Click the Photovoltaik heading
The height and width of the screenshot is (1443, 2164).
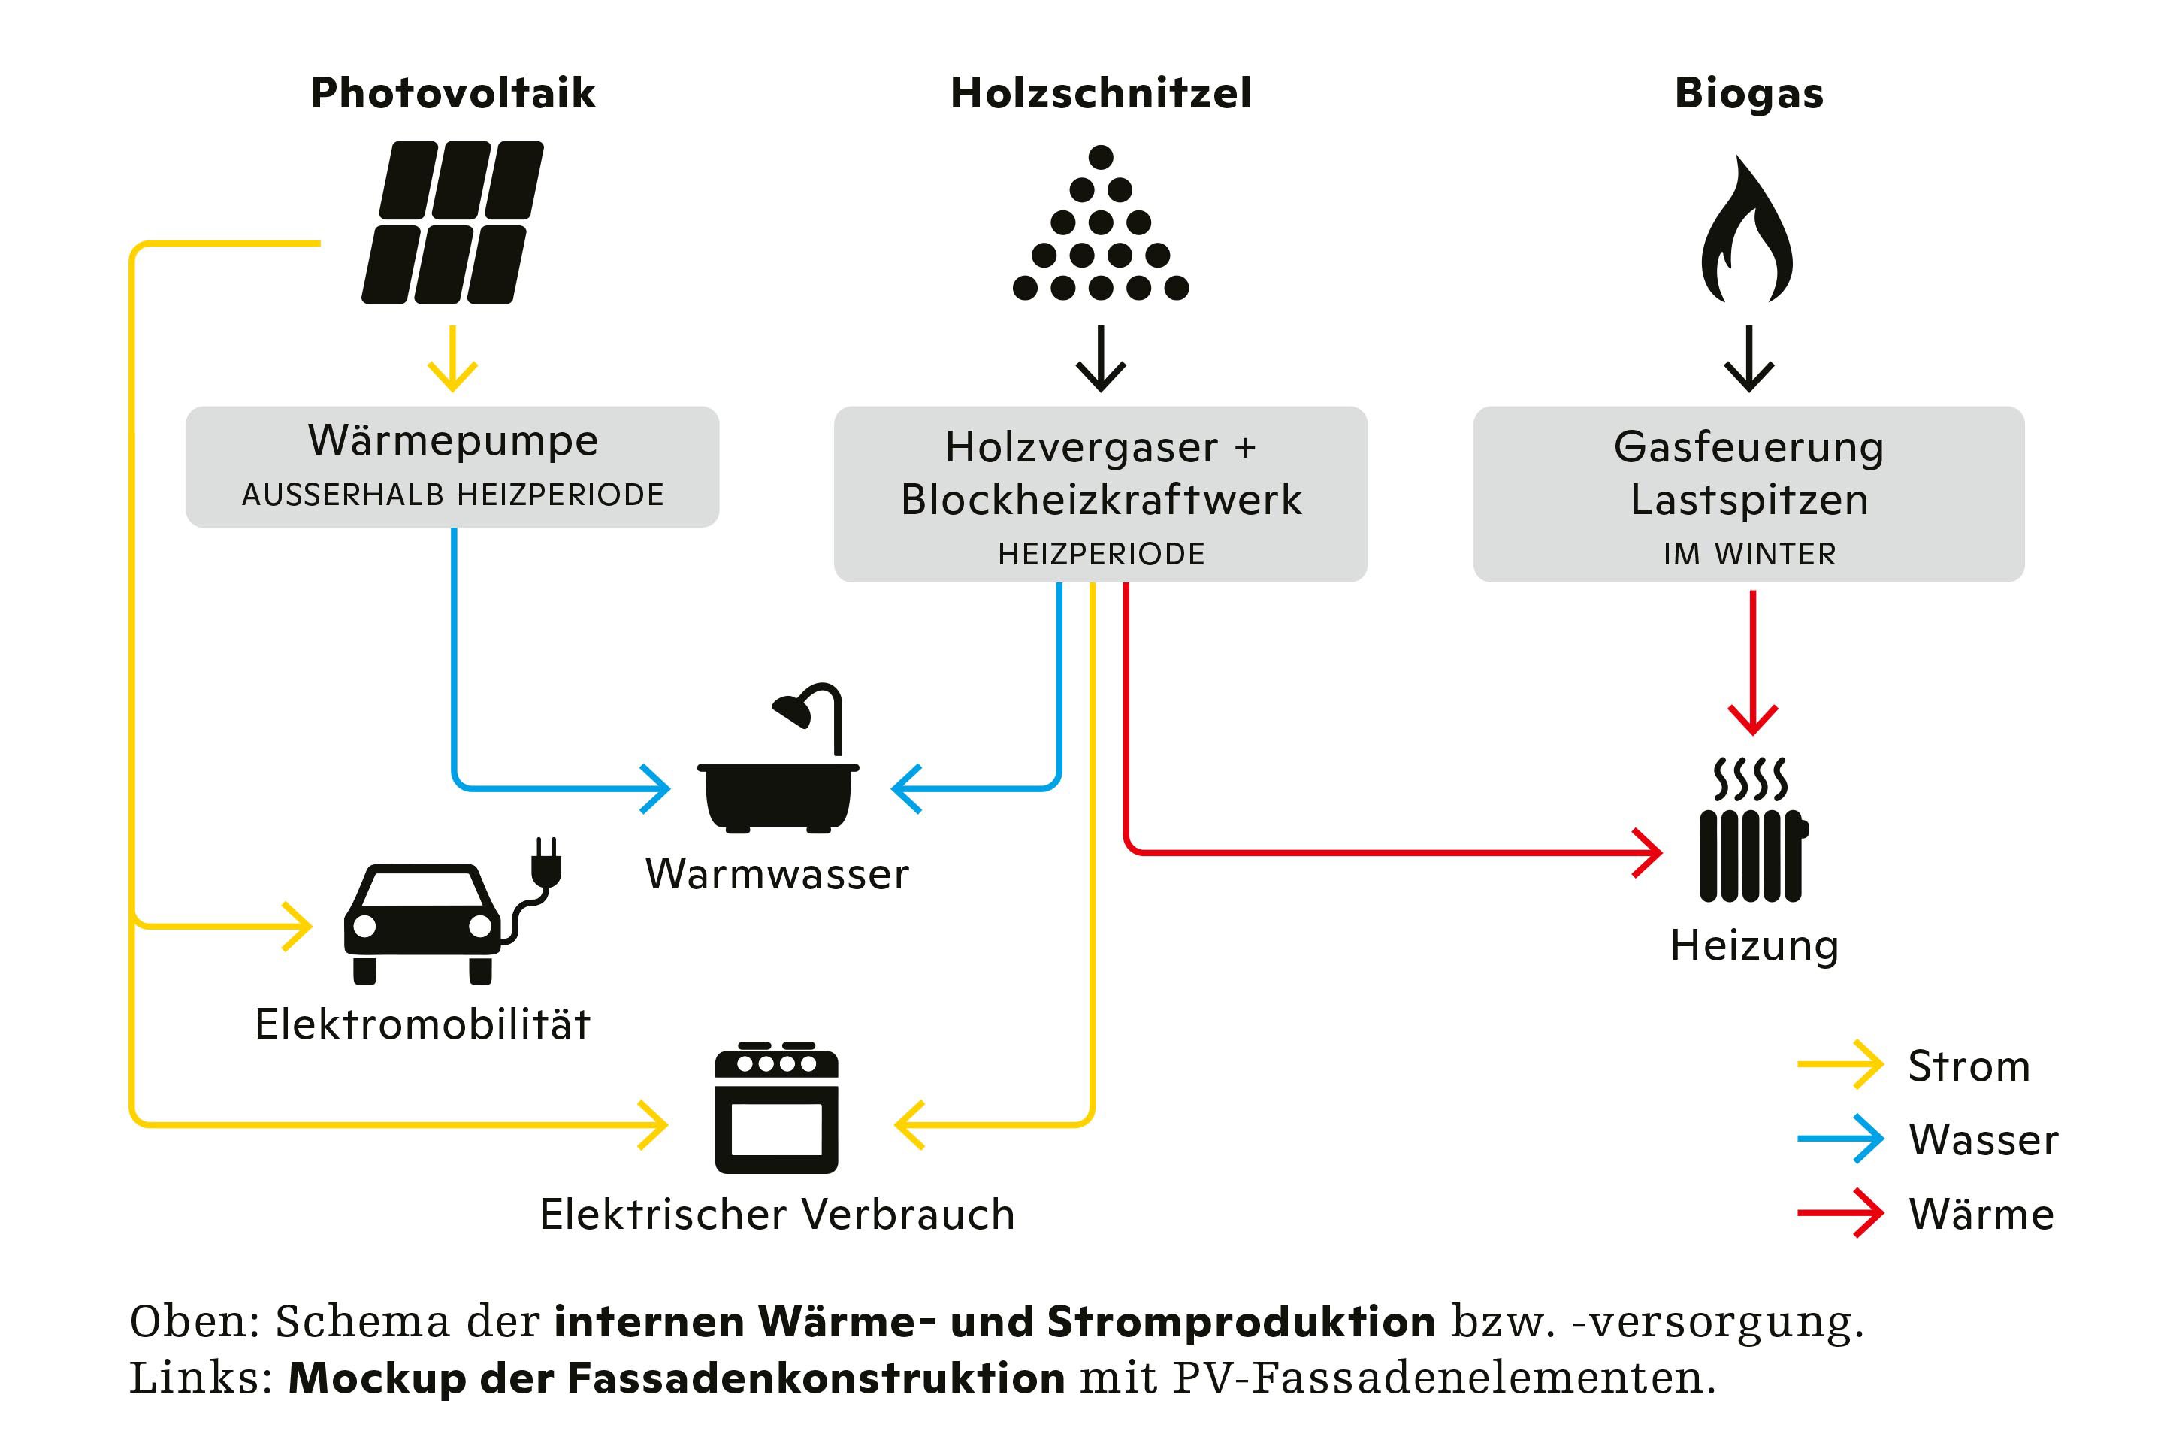tap(452, 93)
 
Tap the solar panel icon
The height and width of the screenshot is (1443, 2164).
tap(452, 222)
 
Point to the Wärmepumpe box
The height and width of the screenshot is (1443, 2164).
tap(452, 466)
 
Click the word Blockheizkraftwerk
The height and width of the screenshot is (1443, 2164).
tap(1100, 500)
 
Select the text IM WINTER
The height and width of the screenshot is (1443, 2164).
tap(1749, 554)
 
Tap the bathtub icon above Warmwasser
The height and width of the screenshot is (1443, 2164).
tap(778, 773)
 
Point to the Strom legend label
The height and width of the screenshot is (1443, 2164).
tap(1968, 1066)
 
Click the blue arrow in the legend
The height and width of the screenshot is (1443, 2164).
tap(1839, 1139)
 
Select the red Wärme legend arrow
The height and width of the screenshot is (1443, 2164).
tap(1839, 1213)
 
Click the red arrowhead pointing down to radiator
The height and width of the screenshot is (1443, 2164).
tap(1753, 718)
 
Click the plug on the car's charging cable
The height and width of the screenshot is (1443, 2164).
tap(546, 865)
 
